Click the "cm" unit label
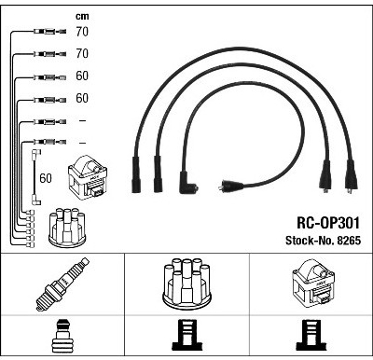82,16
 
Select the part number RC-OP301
328,223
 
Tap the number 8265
349,241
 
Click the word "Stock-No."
310,241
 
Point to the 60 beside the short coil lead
46,178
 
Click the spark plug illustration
62,284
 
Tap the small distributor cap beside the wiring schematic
67,228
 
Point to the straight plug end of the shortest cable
230,186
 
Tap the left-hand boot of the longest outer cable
136,174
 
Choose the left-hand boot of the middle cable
158,173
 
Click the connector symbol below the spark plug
62,336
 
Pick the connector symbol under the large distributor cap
187,336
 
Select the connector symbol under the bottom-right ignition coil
311,336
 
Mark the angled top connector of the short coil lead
35,155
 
